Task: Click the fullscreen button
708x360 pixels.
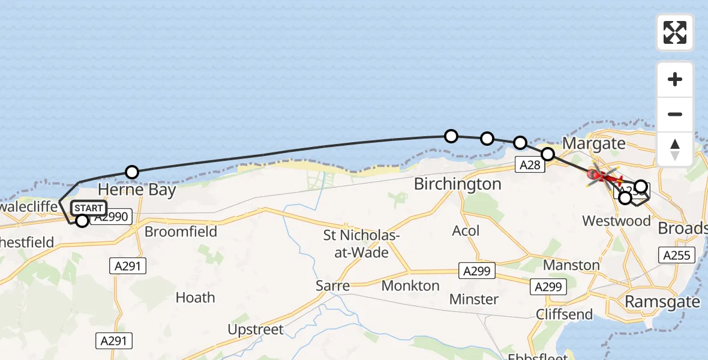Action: [x=675, y=32]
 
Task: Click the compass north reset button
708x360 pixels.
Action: [x=675, y=149]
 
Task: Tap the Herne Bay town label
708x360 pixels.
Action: [x=137, y=190]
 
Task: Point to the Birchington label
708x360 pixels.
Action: [x=458, y=184]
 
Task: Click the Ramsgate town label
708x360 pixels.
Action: [x=662, y=301]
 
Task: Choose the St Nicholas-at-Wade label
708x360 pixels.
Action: [x=361, y=244]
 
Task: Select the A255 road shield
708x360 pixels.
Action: [x=677, y=255]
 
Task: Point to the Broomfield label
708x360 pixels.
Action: [x=181, y=232]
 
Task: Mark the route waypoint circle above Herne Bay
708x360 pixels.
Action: [x=132, y=172]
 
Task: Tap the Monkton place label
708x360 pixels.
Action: [x=411, y=286]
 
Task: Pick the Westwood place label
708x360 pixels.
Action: [x=616, y=221]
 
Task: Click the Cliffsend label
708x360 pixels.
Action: [x=564, y=314]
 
